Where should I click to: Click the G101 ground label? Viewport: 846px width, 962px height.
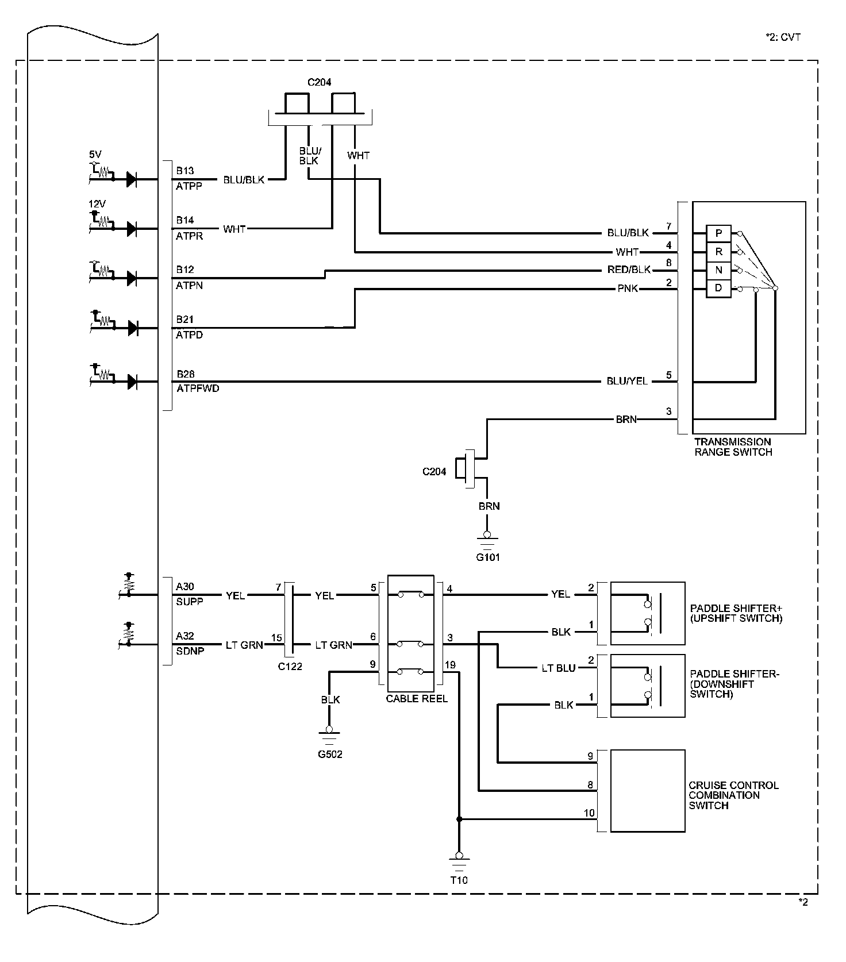(487, 557)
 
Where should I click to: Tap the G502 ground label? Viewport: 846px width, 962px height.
(330, 754)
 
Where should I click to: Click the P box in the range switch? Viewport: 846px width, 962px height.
(718, 233)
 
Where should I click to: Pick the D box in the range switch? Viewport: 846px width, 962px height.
(718, 288)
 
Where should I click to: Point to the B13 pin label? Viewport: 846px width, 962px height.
(185, 171)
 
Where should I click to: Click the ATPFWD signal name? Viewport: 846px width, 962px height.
(198, 388)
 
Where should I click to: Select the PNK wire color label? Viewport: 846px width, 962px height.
(628, 288)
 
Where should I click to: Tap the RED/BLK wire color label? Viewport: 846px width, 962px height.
(629, 270)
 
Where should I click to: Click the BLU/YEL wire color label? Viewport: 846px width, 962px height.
(627, 381)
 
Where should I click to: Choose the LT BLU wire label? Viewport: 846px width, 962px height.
(558, 668)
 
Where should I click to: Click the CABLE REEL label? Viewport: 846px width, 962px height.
(417, 699)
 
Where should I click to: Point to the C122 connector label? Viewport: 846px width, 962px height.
(290, 667)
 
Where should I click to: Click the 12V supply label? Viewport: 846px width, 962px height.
(97, 204)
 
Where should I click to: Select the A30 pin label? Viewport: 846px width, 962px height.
(185, 587)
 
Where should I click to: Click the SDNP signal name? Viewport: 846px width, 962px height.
(190, 651)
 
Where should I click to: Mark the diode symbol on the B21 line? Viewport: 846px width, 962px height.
(132, 328)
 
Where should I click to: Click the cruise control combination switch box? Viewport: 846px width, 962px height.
(647, 790)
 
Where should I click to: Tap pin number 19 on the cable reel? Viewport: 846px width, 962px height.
(450, 665)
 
